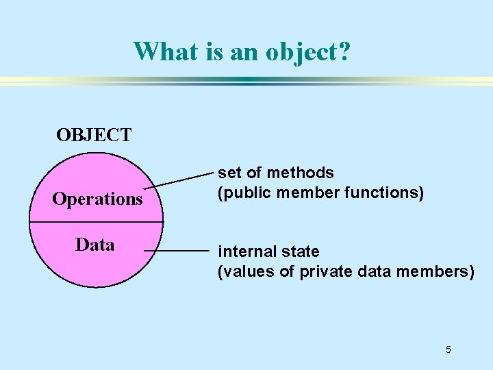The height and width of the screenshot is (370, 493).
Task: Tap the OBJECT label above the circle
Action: click(94, 135)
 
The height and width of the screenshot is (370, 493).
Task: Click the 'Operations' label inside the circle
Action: click(97, 199)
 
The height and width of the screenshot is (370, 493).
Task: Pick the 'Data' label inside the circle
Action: click(95, 245)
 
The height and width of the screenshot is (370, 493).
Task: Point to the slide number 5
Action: click(448, 350)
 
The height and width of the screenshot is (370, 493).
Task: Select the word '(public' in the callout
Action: click(240, 193)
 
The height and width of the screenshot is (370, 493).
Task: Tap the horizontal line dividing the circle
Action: click(96, 223)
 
